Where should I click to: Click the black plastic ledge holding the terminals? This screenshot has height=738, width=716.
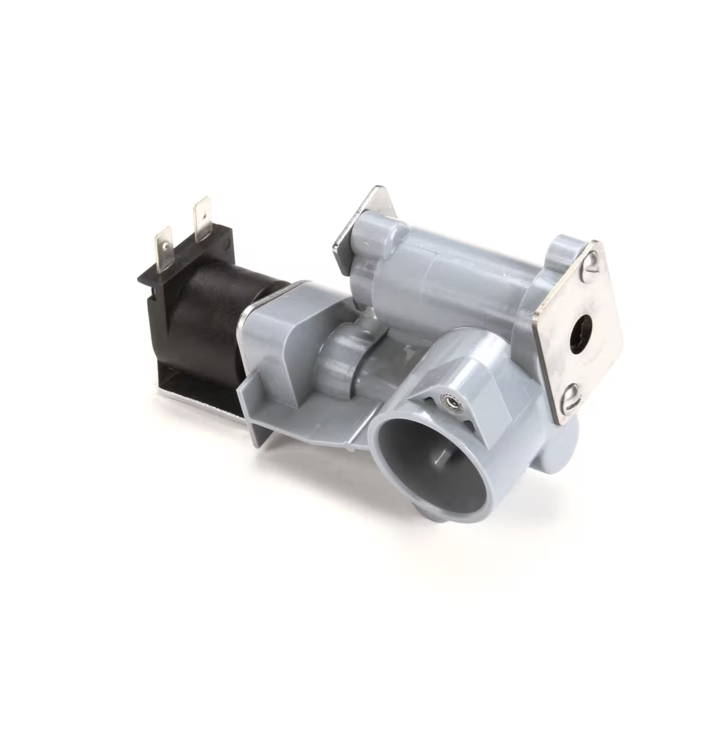[159, 276]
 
